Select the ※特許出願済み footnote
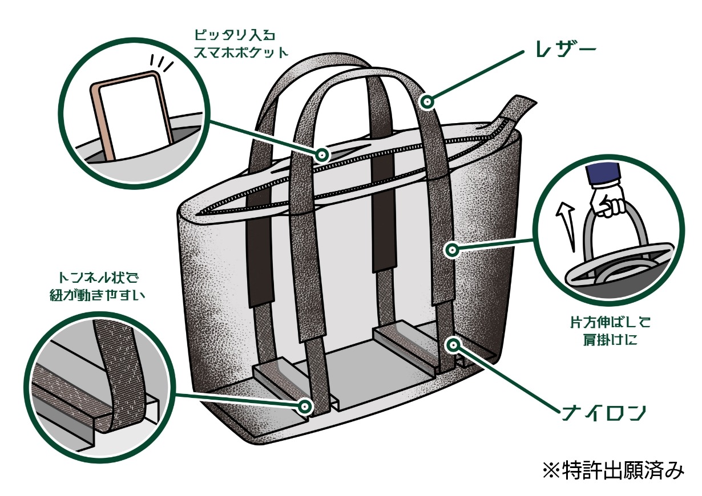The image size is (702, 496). point(612,470)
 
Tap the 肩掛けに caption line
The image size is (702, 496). point(607,340)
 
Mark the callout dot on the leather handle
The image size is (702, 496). point(426,101)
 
